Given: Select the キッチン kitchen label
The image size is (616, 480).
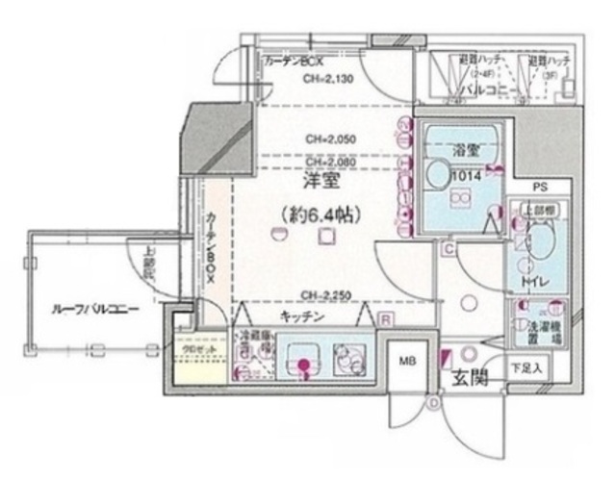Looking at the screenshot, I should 301,317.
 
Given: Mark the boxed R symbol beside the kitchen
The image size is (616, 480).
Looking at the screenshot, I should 384,319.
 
